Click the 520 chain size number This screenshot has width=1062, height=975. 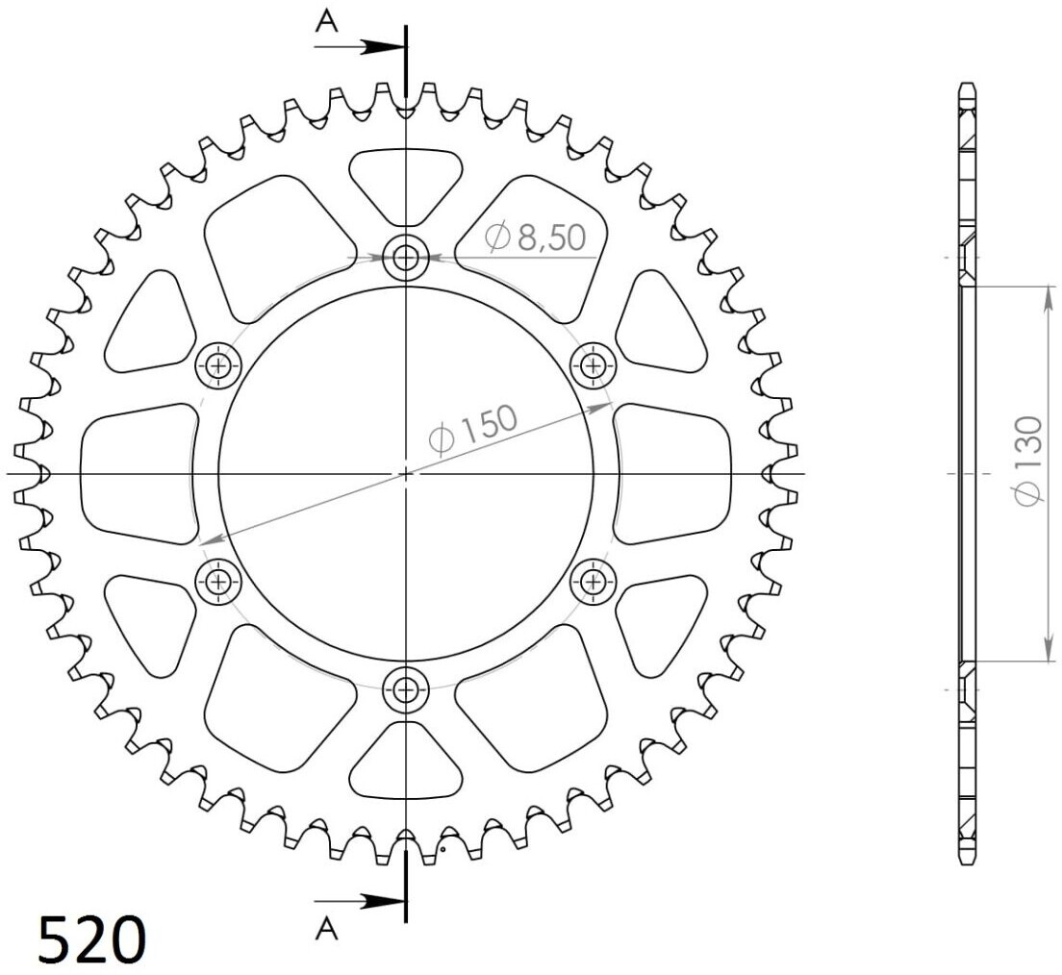[x=92, y=939]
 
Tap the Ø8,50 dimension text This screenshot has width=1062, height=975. [x=535, y=237]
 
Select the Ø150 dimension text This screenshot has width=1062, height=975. [x=473, y=429]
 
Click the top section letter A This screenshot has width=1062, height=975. [x=326, y=23]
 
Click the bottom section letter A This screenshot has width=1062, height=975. [x=326, y=930]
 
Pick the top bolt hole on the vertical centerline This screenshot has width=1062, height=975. [x=406, y=258]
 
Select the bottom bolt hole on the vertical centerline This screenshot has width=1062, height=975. [x=406, y=690]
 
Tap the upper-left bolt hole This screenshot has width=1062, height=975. [x=218, y=366]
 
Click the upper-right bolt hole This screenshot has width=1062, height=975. [x=594, y=366]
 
